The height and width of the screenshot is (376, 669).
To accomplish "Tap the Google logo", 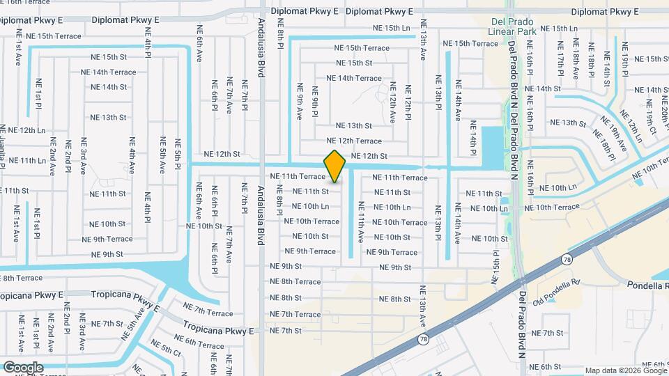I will click(x=23, y=367).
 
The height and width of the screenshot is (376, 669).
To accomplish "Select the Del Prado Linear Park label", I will click(x=512, y=26).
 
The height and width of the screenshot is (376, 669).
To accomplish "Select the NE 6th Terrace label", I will click(x=199, y=341).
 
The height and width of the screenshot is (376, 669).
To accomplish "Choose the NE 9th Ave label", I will click(x=300, y=100).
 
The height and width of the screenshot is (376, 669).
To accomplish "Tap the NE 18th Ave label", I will click(x=576, y=60).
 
